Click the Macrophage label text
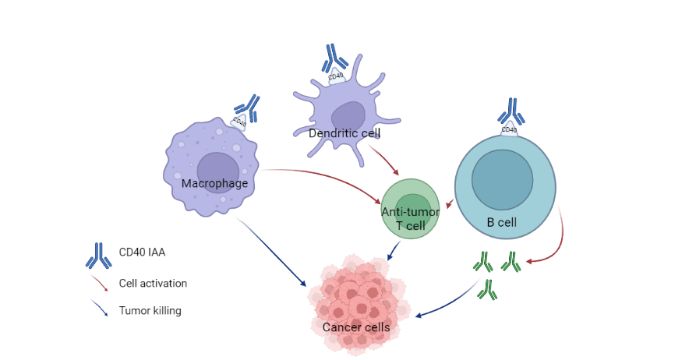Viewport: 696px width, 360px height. pyautogui.click(x=214, y=184)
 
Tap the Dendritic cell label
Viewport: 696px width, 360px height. pyautogui.click(x=344, y=133)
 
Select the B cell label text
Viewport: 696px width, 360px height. pyautogui.click(x=501, y=222)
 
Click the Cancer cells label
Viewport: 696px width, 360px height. pyautogui.click(x=356, y=327)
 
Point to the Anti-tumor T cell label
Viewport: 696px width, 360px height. pyautogui.click(x=410, y=218)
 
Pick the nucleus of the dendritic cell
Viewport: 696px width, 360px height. pyautogui.click(x=348, y=116)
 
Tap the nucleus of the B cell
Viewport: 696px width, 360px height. pyautogui.click(x=502, y=179)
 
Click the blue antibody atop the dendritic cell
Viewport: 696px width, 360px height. pyautogui.click(x=336, y=56)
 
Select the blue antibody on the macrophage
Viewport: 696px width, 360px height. pyautogui.click(x=249, y=106)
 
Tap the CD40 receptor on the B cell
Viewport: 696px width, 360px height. pyautogui.click(x=509, y=129)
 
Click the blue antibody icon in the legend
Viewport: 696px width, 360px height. pyautogui.click(x=97, y=254)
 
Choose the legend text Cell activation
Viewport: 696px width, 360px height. pyautogui.click(x=153, y=284)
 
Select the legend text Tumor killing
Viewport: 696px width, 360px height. pyautogui.click(x=150, y=311)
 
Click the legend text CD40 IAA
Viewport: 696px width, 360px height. pyautogui.click(x=142, y=252)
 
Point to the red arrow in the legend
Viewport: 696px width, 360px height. pyautogui.click(x=99, y=283)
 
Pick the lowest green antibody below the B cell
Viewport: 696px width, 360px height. pyautogui.click(x=488, y=290)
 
